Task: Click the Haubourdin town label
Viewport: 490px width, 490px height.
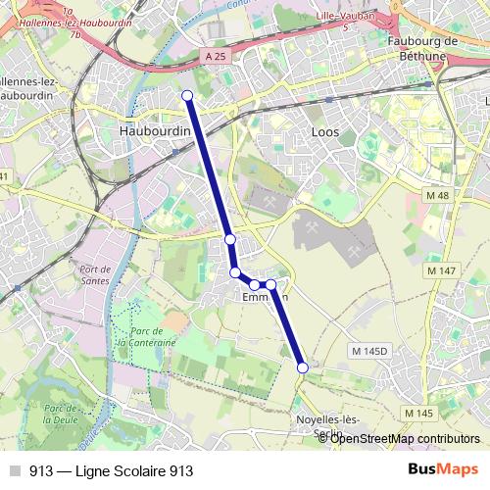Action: tap(153, 129)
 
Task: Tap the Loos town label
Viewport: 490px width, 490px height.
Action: tap(324, 129)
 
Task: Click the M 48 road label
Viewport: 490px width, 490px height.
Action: tap(437, 196)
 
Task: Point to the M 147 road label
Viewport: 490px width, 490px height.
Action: tap(443, 269)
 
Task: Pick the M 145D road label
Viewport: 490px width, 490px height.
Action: tap(369, 350)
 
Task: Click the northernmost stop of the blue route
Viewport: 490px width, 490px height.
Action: tap(187, 95)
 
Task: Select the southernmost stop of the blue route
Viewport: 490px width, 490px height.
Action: tap(302, 367)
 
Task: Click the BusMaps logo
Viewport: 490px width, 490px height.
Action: tap(443, 469)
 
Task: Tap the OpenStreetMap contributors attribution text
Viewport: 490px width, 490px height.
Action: tap(405, 438)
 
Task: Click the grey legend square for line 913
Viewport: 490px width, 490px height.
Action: tap(14, 470)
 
